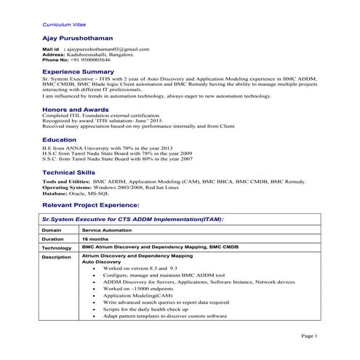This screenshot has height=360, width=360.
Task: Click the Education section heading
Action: tap(60, 139)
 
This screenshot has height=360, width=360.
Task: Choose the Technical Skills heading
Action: tap(68, 171)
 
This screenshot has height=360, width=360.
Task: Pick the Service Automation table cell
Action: tap(107, 229)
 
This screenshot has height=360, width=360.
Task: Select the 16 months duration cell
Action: tap(96, 239)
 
